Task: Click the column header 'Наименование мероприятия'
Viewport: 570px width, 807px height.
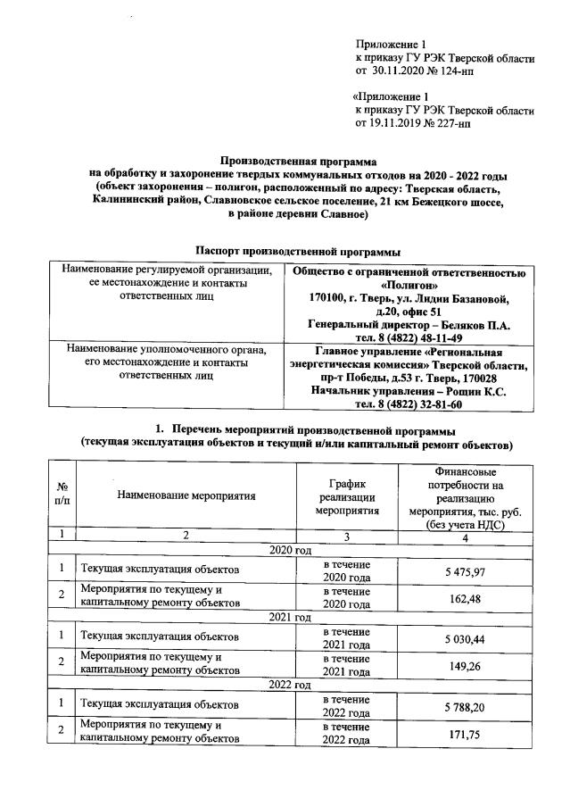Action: pos(186,495)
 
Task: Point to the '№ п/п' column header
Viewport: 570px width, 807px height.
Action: pos(62,495)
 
